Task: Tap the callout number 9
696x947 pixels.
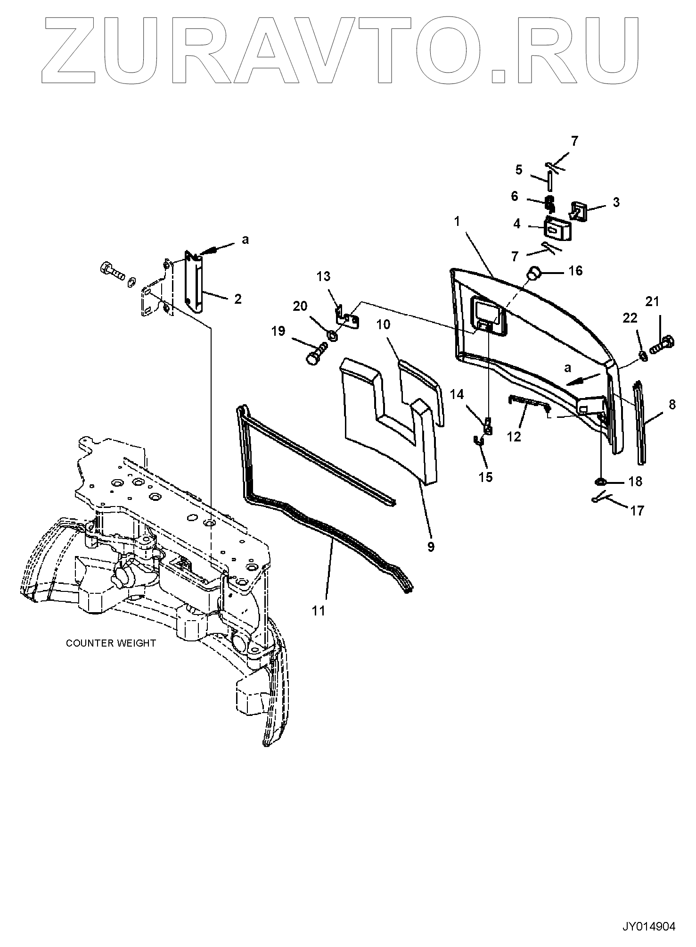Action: click(431, 547)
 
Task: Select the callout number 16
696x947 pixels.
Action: click(575, 271)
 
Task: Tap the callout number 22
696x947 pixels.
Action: click(630, 318)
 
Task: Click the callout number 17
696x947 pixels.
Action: click(637, 511)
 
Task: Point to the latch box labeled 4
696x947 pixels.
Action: click(551, 229)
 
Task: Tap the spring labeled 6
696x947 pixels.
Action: click(549, 203)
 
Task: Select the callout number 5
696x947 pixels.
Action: click(519, 170)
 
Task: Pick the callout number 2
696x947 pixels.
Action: click(237, 299)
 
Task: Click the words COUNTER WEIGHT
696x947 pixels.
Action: click(111, 643)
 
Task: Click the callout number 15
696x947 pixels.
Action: click(485, 477)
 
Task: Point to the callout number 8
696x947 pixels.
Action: click(672, 405)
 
